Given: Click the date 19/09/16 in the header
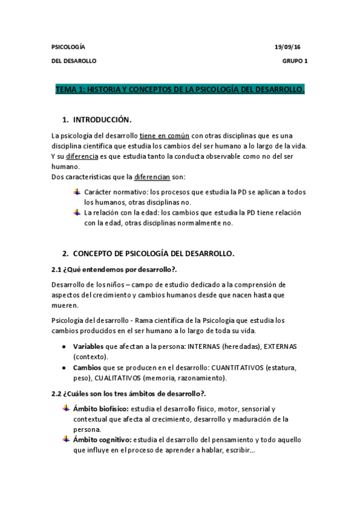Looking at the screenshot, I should (288, 47).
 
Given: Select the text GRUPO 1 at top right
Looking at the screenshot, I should (294, 61).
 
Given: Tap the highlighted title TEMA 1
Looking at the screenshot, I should (180, 90).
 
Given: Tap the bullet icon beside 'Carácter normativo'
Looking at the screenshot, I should (76, 192).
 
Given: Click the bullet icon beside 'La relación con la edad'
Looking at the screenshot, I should (76, 212).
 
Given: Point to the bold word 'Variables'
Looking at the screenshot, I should (88, 347).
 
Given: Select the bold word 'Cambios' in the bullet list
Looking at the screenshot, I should (87, 367).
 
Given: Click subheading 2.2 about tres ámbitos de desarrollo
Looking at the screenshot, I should (128, 393).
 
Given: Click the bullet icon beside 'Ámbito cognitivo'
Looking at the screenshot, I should (66, 439).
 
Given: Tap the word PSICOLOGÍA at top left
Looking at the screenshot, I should (69, 47).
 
